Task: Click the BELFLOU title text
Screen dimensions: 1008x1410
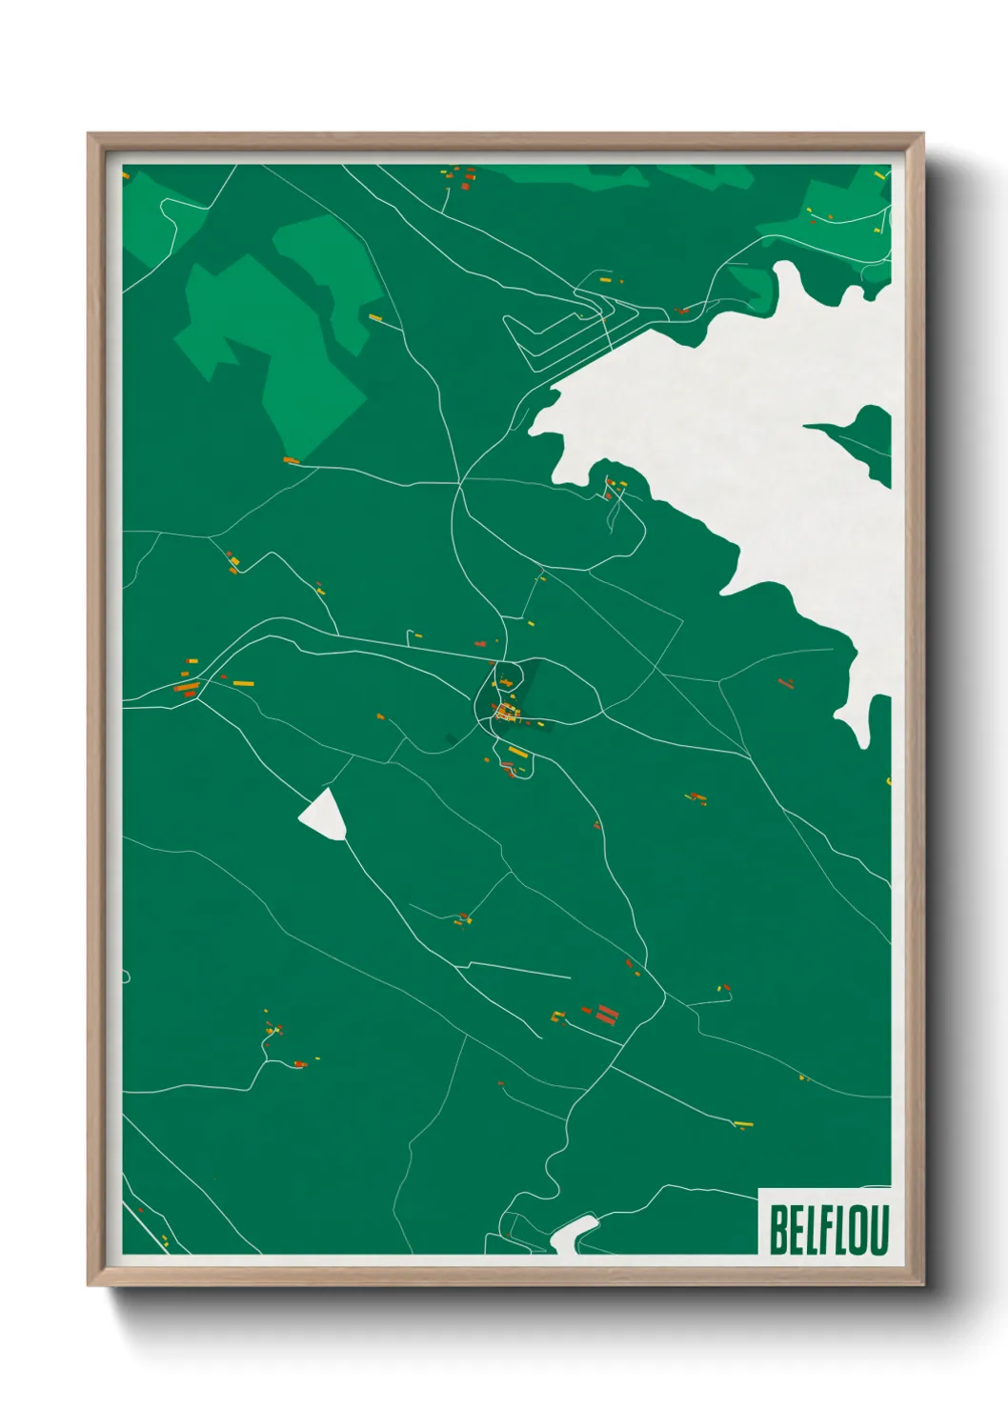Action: [x=828, y=1230]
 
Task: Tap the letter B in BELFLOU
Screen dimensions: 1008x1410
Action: [x=777, y=1230]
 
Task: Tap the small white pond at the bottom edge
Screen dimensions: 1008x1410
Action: [x=572, y=1235]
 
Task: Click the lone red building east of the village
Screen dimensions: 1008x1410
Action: [x=786, y=683]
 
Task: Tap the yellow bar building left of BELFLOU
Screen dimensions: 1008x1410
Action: [x=743, y=1124]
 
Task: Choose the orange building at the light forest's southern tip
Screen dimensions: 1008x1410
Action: [x=292, y=461]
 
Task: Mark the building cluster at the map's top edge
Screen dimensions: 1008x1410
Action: [x=460, y=176]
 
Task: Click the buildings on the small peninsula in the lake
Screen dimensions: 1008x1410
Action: [x=614, y=489]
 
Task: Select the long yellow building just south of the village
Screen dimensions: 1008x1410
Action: [x=517, y=753]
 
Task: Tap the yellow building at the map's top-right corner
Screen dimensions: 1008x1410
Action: [x=878, y=174]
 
